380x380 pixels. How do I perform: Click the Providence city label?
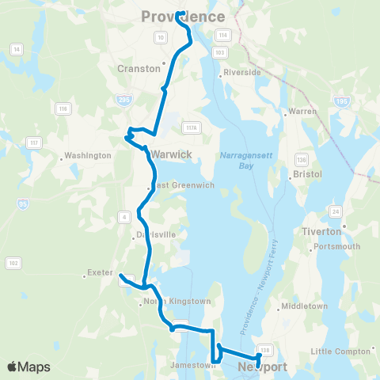tap(183, 17)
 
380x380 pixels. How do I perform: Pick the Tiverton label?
tap(321, 231)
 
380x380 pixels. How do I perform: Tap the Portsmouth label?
tap(337, 246)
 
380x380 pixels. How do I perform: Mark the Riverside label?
tap(242, 72)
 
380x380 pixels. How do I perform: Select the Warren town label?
tap(304, 112)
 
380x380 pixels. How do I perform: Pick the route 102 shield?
tap(13, 262)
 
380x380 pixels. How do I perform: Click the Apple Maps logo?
tap(28, 367)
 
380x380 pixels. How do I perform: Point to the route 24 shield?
tap(335, 211)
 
